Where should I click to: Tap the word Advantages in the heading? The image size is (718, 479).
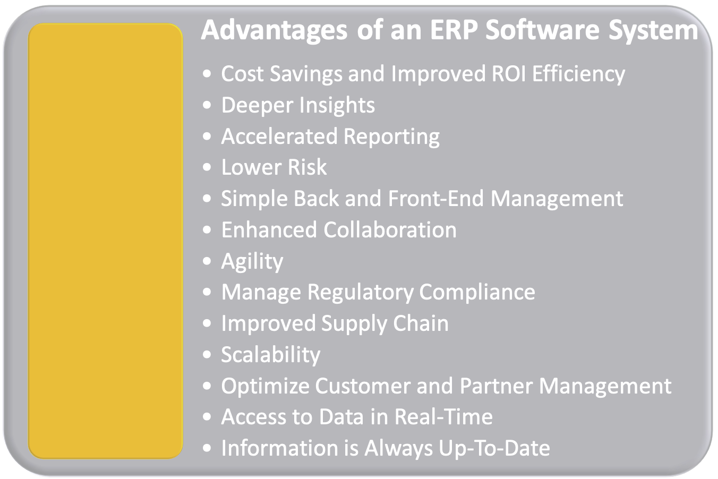pos(274,30)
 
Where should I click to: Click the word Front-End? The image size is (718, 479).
pos(436,199)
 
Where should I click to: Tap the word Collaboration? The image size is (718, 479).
pos(390,230)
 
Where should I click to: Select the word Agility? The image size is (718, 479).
pos(252,261)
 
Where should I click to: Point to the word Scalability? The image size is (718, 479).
pos(271,355)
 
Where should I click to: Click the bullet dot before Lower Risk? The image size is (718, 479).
pos(207,168)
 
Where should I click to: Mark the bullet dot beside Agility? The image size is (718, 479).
pos(207,262)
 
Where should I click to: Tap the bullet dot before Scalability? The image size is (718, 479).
pos(207,355)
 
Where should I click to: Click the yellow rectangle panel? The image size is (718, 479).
pos(105,241)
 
